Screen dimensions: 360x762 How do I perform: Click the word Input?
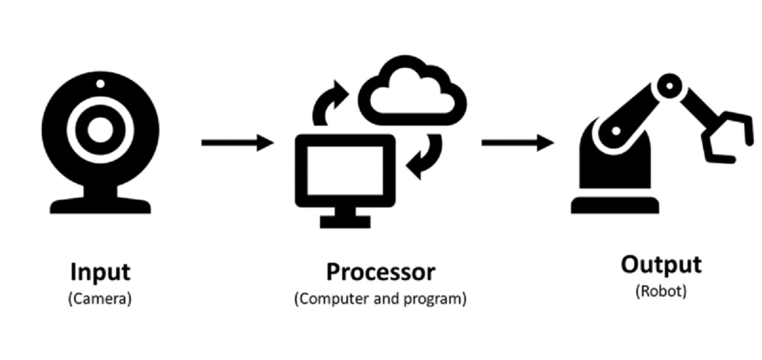[100, 272]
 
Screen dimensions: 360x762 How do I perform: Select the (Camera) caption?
[100, 299]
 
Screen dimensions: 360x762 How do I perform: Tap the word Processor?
[380, 272]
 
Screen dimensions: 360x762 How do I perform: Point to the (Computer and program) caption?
[380, 299]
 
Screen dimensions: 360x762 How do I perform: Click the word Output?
[661, 264]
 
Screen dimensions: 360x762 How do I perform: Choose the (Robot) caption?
[661, 291]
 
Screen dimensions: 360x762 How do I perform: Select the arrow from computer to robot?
[518, 143]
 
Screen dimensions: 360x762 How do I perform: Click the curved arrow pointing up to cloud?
[330, 102]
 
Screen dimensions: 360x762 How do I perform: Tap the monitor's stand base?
[345, 222]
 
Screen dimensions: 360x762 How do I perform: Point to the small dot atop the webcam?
[100, 83]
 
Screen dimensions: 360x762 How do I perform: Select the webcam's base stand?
[100, 204]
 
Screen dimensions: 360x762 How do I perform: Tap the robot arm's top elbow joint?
[669, 84]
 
